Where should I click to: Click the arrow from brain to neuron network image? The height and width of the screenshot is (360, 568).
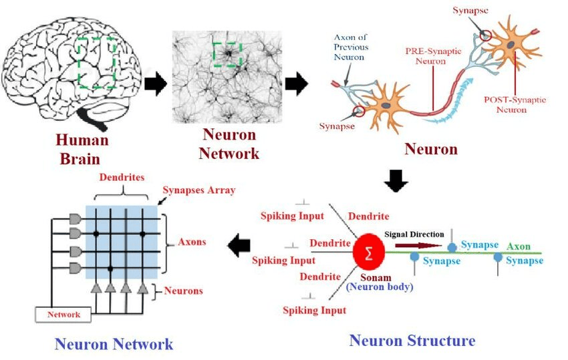[x=155, y=85]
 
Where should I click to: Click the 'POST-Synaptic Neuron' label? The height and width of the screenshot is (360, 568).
[x=515, y=104]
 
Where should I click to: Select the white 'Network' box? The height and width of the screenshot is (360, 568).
[x=64, y=314]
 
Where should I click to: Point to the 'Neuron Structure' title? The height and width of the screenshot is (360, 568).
[x=412, y=341]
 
